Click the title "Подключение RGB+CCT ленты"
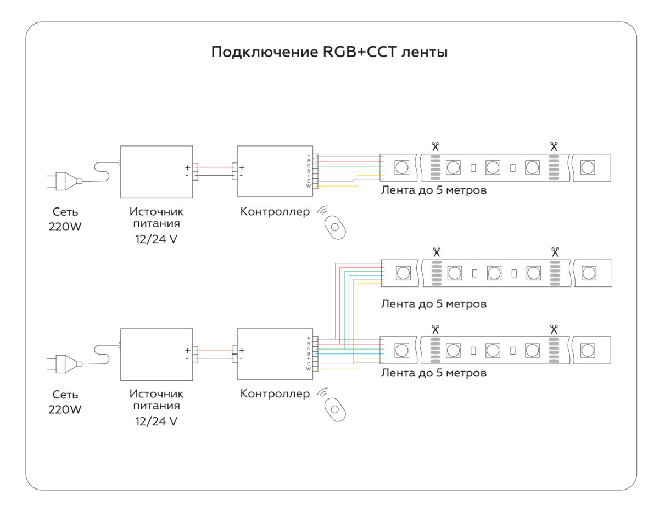click(x=329, y=53)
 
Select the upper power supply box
click(x=156, y=171)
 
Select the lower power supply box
click(x=156, y=354)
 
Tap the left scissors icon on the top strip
click(x=435, y=147)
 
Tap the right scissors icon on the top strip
click(x=554, y=147)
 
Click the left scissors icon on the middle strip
click(x=437, y=252)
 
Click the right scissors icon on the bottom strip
click(x=554, y=329)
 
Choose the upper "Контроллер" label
click(x=275, y=211)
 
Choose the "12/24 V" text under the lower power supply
click(x=156, y=422)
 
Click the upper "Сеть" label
click(x=65, y=211)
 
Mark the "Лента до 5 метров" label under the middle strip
click(x=434, y=303)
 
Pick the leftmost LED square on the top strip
click(x=401, y=167)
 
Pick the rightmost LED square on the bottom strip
click(x=588, y=350)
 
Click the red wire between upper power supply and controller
click(x=215, y=167)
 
